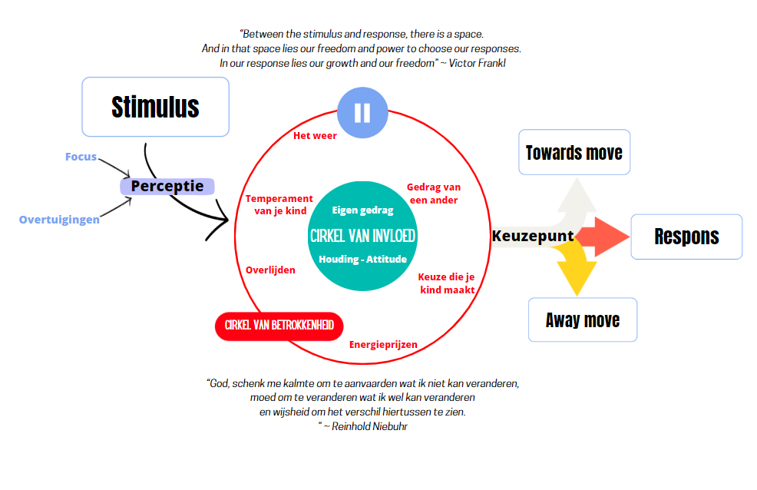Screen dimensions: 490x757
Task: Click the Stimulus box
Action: [x=155, y=106]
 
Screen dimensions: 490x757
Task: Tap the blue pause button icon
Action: [x=362, y=112]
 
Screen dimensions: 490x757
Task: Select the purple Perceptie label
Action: [x=167, y=186]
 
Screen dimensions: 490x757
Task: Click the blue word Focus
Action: [x=81, y=157]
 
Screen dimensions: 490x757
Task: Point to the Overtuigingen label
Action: [x=59, y=220]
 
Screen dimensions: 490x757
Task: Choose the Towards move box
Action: [x=574, y=152]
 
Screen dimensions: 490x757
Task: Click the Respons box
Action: [x=686, y=236]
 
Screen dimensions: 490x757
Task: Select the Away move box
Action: [x=582, y=319]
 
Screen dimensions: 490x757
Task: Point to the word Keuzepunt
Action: [x=533, y=235]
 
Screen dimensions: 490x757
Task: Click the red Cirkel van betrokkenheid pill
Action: [x=279, y=326]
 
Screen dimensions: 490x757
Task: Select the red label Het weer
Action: [x=315, y=136]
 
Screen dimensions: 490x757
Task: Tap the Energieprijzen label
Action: [x=383, y=344]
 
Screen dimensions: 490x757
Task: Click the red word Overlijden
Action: [x=270, y=270]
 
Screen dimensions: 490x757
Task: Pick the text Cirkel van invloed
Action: [x=362, y=235]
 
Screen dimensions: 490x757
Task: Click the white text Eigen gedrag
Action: [x=362, y=210]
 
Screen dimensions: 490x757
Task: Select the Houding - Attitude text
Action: [x=362, y=259]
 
